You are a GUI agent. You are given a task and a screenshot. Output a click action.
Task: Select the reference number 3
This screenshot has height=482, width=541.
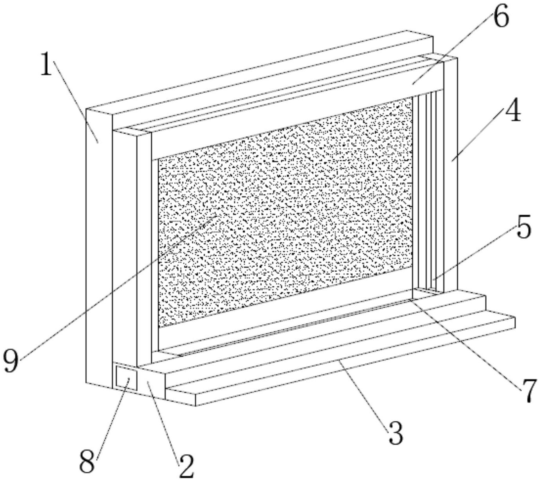395,434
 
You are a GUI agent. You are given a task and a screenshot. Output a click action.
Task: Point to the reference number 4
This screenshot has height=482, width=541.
512,111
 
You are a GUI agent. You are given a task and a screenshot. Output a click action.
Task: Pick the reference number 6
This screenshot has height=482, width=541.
500,17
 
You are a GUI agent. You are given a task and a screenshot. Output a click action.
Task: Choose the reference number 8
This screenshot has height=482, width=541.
87,464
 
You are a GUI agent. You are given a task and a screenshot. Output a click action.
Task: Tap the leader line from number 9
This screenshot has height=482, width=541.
117,287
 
